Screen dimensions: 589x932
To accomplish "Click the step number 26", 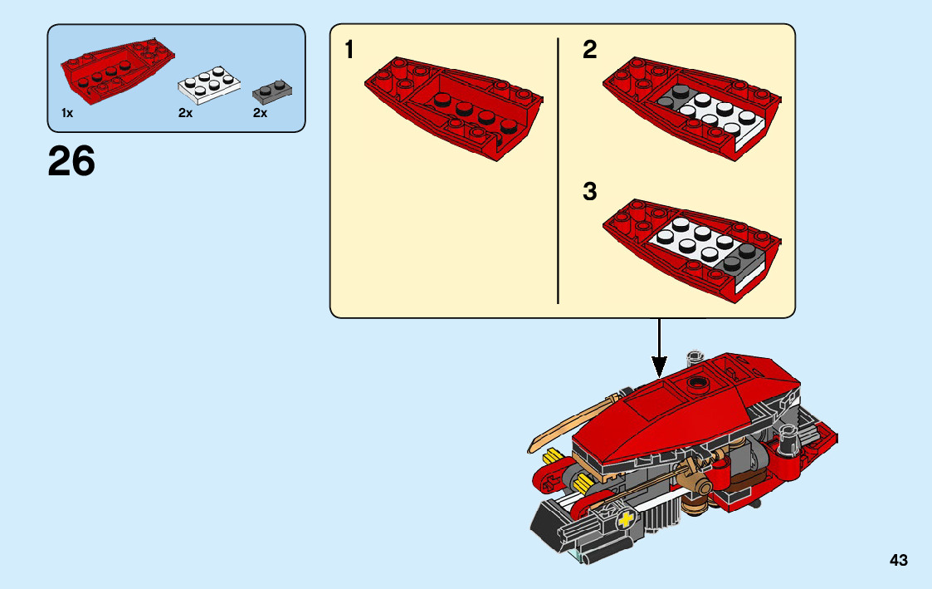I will [71, 161].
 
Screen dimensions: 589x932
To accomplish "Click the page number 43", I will [899, 561].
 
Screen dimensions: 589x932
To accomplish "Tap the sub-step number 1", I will [349, 51].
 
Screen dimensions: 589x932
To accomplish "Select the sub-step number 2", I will [589, 51].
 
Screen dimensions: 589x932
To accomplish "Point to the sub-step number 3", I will [589, 193].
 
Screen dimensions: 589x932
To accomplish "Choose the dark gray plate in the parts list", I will [273, 88].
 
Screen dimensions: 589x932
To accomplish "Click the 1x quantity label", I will [67, 113].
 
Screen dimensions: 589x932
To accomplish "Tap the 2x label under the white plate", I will [185, 113].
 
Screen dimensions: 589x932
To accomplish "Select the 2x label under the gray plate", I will [261, 113].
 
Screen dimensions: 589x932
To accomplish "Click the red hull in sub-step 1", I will [452, 104].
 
